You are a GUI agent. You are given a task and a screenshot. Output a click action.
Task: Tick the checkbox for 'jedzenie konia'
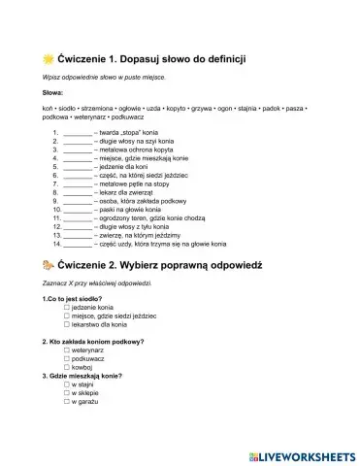[x=66, y=308]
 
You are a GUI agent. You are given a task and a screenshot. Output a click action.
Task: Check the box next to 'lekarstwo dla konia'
[x=66, y=324]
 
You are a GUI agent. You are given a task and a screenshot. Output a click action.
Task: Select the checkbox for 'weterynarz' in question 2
[x=66, y=350]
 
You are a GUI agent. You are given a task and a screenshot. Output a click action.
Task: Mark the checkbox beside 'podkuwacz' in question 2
[x=66, y=359]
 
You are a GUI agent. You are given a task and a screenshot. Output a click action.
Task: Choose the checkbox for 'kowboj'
[x=66, y=368]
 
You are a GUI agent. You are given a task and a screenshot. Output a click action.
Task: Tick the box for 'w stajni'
[x=66, y=385]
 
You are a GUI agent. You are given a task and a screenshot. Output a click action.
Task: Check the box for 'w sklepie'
[x=66, y=394]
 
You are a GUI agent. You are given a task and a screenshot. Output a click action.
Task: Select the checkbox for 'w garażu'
[x=66, y=403]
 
